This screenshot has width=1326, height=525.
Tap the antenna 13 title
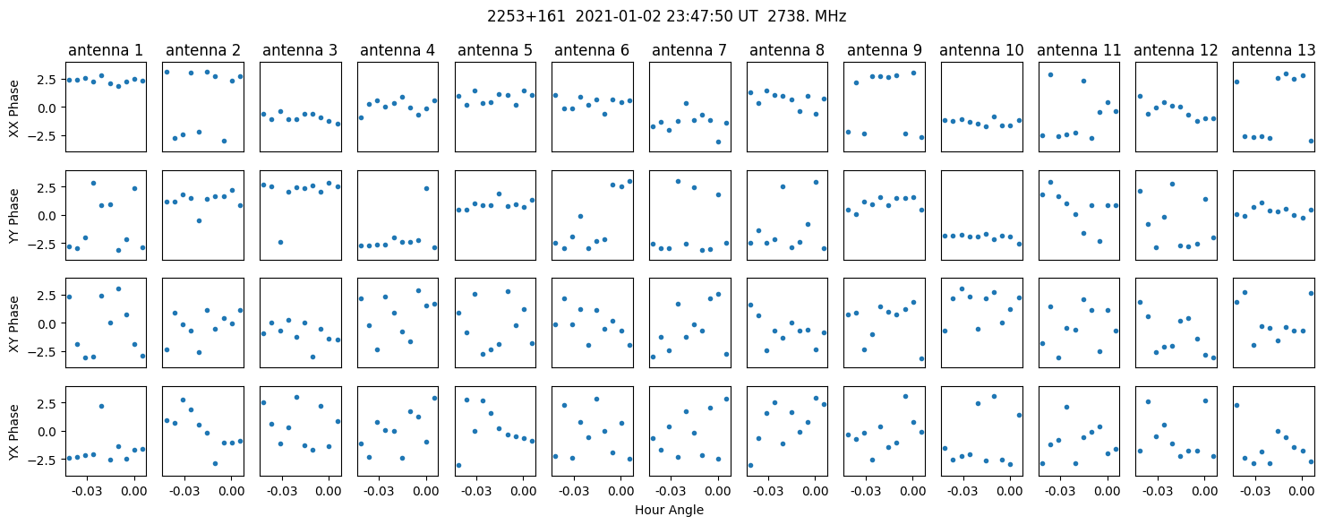(x=1274, y=50)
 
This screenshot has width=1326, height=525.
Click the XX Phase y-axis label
(x=14, y=107)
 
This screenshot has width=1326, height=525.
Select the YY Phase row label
(x=14, y=215)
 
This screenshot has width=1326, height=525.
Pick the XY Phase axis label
(x=14, y=323)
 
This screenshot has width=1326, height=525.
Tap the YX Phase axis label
(x=14, y=431)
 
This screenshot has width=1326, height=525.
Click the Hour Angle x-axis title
(x=669, y=511)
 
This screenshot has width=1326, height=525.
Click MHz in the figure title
(x=830, y=16)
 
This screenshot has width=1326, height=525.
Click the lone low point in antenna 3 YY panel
(x=281, y=242)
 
